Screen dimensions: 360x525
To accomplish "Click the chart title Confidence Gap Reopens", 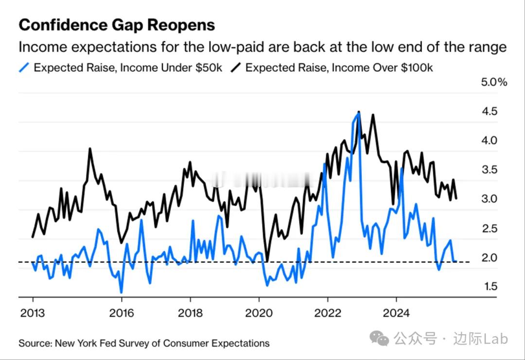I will (x=116, y=25).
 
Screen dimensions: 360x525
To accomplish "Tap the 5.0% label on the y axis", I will (x=494, y=82).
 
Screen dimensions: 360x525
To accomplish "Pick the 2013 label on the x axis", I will (x=33, y=313).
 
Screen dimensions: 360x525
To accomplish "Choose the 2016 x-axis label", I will (x=121, y=313).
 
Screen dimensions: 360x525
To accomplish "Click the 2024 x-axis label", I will (x=397, y=313).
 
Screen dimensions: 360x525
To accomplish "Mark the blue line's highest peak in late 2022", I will (x=359, y=114).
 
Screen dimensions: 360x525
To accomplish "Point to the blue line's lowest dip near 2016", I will (x=121, y=292).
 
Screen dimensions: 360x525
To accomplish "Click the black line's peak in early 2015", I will (x=90, y=148).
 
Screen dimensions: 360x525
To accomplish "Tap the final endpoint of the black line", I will (x=456, y=198).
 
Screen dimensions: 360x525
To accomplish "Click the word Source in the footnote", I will (x=35, y=343).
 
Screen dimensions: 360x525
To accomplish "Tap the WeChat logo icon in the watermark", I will (x=379, y=338).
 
